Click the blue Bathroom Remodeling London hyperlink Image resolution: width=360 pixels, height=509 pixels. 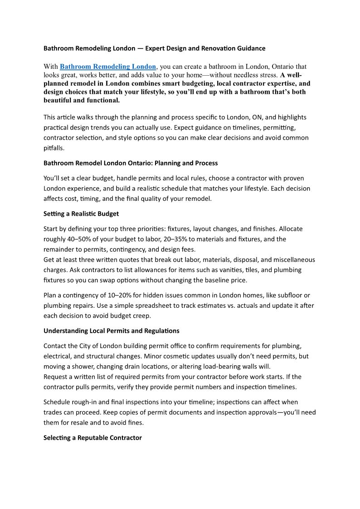click(x=108, y=67)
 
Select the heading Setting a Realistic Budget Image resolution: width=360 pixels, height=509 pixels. click(x=81, y=213)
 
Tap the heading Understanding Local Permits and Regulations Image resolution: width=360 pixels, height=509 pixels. click(x=111, y=330)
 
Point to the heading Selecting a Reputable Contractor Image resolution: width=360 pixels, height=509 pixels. click(x=92, y=438)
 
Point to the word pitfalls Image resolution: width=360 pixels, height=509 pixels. click(x=54, y=148)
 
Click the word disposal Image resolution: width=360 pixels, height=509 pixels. click(x=230, y=260)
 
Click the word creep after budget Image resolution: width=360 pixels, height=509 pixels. click(x=141, y=315)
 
